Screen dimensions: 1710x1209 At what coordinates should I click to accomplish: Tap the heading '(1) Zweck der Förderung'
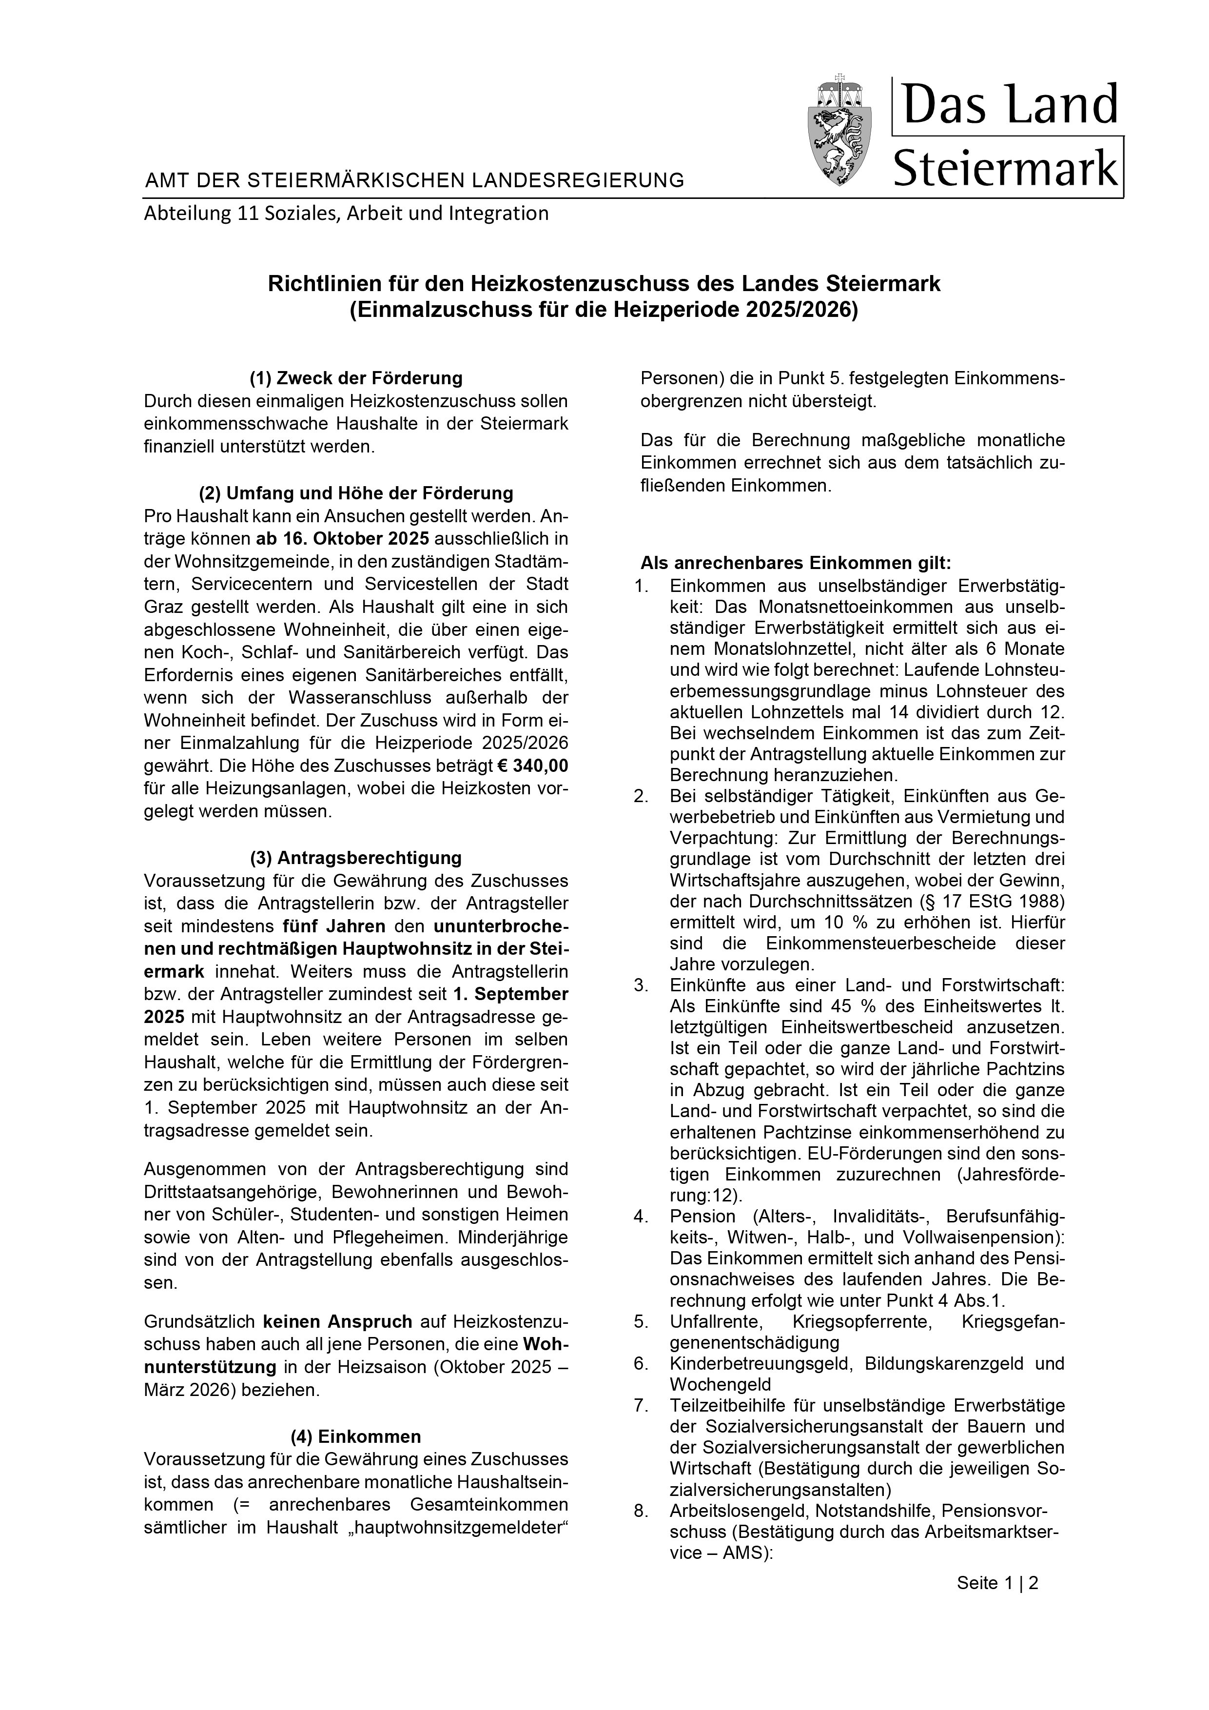356,378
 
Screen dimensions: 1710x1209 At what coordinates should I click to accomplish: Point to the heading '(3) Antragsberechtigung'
356,858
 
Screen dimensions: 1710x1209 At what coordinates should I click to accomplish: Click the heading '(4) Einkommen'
356,1436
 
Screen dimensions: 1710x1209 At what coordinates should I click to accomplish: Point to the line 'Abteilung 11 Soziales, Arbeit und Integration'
346,214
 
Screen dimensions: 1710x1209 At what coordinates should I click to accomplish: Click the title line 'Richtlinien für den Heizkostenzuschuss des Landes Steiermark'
604,284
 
